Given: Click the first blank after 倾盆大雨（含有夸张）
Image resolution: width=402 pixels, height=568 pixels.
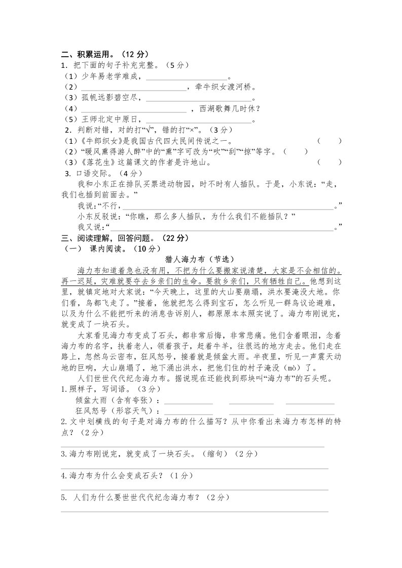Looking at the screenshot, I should [188, 402].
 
